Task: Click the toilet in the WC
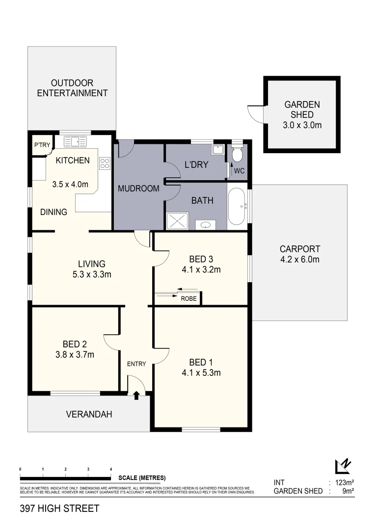(237, 155)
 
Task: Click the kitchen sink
(75, 142)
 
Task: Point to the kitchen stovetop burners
(105, 163)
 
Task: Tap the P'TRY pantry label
(42, 145)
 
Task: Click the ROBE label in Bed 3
(188, 298)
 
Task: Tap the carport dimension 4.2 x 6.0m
(299, 259)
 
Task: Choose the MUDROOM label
(138, 188)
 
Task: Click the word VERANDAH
(89, 414)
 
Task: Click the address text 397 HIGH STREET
(59, 508)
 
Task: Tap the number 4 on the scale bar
(111, 470)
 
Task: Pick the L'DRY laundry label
(196, 164)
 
